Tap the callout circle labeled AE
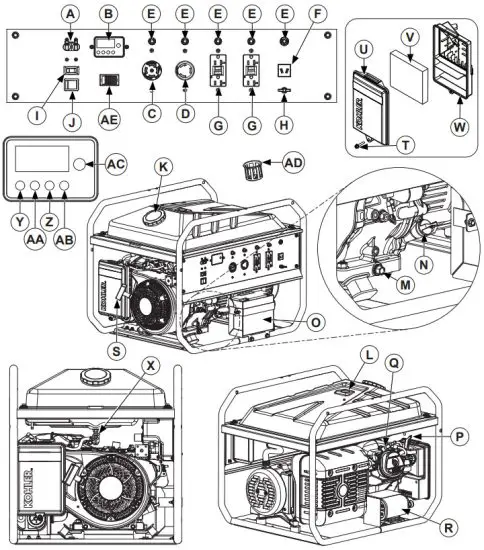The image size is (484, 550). pyautogui.click(x=110, y=115)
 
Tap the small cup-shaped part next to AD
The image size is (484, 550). pyautogui.click(x=255, y=166)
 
